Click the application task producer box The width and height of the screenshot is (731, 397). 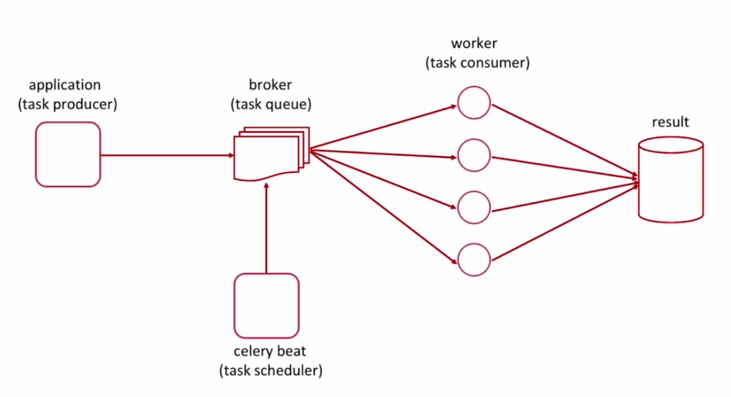[x=68, y=154]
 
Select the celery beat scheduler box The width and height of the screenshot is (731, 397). [x=266, y=305]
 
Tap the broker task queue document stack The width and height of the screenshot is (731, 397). [x=270, y=154]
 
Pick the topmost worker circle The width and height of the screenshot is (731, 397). [x=474, y=102]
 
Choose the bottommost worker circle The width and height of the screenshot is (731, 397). [x=474, y=260]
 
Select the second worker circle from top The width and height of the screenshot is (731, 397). [x=474, y=156]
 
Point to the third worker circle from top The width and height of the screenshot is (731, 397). [x=474, y=207]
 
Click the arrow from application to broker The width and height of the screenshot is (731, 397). [x=167, y=155]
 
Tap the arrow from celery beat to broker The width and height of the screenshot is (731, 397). [x=266, y=228]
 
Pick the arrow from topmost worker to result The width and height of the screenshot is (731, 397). [x=564, y=140]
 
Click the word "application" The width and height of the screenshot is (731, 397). [x=65, y=85]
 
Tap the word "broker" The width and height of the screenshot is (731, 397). [x=270, y=85]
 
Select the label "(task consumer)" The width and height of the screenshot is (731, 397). [x=477, y=63]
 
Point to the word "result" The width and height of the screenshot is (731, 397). [x=671, y=122]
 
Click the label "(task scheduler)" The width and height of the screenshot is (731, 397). [x=271, y=370]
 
